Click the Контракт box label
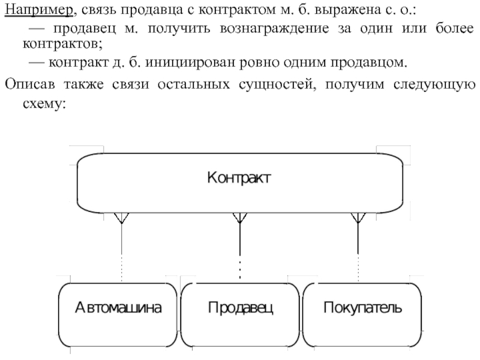click(239, 178)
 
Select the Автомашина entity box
click(118, 308)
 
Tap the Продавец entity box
click(241, 308)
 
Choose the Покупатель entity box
click(362, 308)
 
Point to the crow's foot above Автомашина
click(122, 218)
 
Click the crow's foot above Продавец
click(239, 218)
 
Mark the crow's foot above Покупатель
click(358, 218)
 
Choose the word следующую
click(436, 83)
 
